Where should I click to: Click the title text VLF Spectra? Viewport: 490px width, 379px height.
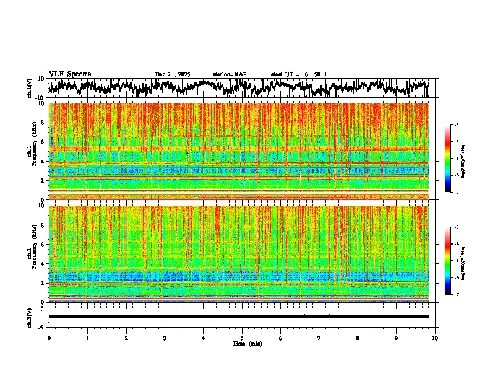[x=70, y=74]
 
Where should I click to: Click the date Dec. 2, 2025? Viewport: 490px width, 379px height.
[x=174, y=74]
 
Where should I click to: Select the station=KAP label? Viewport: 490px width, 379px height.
[x=229, y=74]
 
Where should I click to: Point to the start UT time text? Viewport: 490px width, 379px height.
[x=299, y=74]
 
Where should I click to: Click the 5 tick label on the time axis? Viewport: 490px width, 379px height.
[x=242, y=338]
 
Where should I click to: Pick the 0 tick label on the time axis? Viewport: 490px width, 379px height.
[x=49, y=338]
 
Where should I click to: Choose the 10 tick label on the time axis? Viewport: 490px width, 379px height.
[x=435, y=338]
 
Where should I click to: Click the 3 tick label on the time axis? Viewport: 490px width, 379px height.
[x=165, y=338]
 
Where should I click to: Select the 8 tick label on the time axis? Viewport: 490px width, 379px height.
[x=358, y=338]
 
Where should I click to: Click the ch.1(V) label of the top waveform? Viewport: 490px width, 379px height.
[x=30, y=88]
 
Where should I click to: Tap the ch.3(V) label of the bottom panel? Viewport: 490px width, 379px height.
[x=30, y=316]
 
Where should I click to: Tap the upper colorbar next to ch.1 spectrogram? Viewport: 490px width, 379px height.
[x=455, y=159]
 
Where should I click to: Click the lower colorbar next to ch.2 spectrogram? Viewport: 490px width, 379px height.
[x=455, y=261]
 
